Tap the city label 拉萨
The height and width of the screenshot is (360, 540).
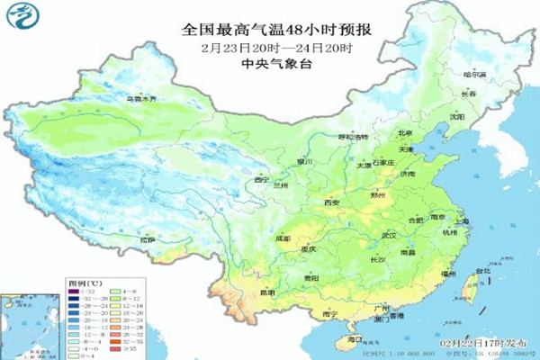coord(148,239)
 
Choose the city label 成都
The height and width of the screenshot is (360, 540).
coord(284,238)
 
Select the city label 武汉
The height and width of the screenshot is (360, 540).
coord(390,236)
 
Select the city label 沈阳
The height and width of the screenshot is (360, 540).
coord(458,116)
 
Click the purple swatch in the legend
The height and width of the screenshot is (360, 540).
coord(75,291)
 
